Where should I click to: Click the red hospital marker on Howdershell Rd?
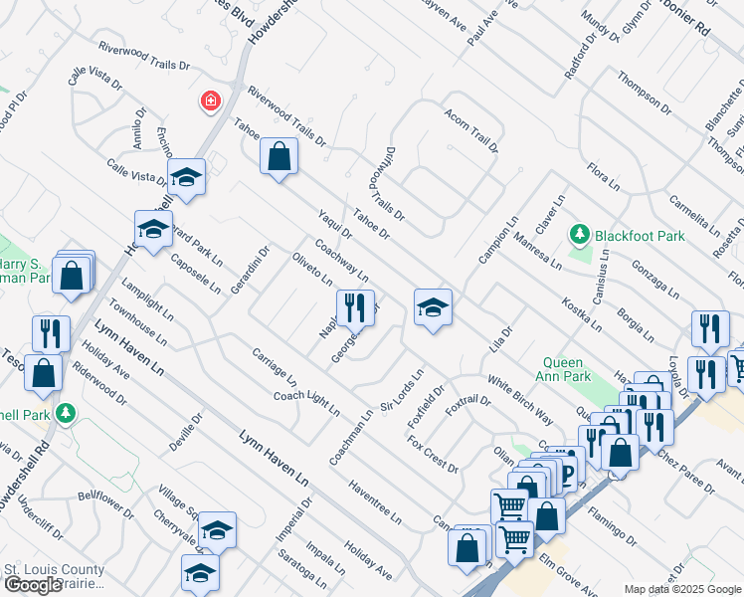tap(210, 100)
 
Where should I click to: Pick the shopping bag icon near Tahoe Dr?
tap(279, 156)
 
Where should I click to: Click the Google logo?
tap(32, 585)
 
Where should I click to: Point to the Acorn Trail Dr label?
tap(470, 130)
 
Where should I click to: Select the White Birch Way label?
tap(520, 400)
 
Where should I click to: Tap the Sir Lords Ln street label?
tap(403, 391)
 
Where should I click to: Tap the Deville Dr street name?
tap(185, 432)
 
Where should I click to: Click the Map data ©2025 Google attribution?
tap(682, 589)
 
